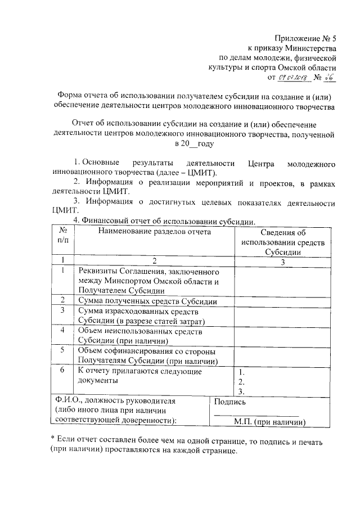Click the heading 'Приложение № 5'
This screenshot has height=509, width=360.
[305, 39]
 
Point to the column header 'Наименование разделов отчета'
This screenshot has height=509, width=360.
[152, 231]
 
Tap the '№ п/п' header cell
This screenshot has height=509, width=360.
[64, 236]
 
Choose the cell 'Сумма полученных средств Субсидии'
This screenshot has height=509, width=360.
[148, 301]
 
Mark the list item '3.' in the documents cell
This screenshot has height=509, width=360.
[241, 391]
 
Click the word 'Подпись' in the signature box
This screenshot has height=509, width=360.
[229, 402]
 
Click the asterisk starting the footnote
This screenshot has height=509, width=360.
[52, 439]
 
